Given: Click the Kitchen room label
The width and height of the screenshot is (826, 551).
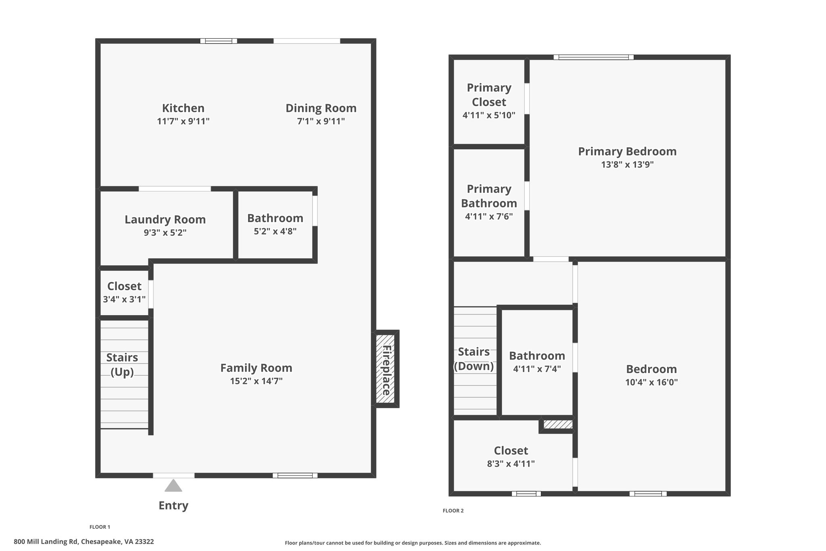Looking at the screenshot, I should tap(183, 108).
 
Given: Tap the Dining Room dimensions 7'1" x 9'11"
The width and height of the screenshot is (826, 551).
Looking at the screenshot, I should tap(321, 121).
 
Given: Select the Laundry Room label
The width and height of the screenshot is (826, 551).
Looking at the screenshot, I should tap(165, 220).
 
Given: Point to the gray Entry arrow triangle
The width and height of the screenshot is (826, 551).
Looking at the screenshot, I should tap(173, 486).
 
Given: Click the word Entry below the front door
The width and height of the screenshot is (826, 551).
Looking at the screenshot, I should tap(173, 505).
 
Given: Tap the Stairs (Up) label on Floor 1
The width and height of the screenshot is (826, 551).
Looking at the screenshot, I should tap(122, 365).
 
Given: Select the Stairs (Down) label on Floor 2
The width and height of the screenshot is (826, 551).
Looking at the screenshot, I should tap(474, 359).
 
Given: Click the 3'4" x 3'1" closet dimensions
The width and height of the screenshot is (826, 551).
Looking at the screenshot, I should tap(124, 300).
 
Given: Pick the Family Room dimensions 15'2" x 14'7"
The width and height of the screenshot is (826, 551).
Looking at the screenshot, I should tap(256, 381).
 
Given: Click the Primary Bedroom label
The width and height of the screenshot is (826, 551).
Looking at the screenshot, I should tap(627, 151).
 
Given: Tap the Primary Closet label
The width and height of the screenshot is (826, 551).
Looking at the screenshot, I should tap(489, 95).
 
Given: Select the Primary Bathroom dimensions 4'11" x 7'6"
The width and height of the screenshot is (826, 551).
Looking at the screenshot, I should tap(489, 216).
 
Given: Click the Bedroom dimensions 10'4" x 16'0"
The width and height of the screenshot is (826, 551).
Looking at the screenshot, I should tap(651, 382).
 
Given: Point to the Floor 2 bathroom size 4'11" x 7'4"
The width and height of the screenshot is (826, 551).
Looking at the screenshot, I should tap(537, 369).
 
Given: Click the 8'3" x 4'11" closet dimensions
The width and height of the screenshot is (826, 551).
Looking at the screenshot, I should tap(511, 464).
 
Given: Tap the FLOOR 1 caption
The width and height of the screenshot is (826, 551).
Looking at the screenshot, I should tap(100, 527).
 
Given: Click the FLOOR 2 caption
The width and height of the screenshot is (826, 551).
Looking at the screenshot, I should tap(453, 511).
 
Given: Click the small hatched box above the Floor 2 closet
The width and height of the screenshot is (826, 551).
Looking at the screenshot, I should tap(558, 424).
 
